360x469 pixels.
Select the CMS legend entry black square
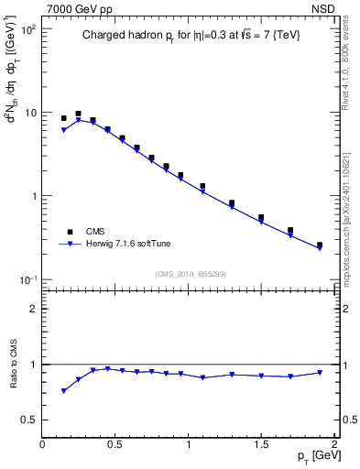68,232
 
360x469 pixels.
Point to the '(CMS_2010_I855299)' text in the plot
189,273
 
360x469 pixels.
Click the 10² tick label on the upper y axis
27,29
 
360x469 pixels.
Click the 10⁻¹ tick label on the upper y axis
27,279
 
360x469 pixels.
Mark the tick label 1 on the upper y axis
33,196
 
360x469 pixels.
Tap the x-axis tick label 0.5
115,444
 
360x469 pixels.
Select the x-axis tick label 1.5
261,444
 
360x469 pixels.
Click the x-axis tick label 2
334,444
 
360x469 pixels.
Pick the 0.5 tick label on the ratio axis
29,420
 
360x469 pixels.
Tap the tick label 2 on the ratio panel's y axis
34,309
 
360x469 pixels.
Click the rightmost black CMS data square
320,245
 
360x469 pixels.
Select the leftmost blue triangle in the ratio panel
63,391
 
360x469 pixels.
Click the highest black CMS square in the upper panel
78,114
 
